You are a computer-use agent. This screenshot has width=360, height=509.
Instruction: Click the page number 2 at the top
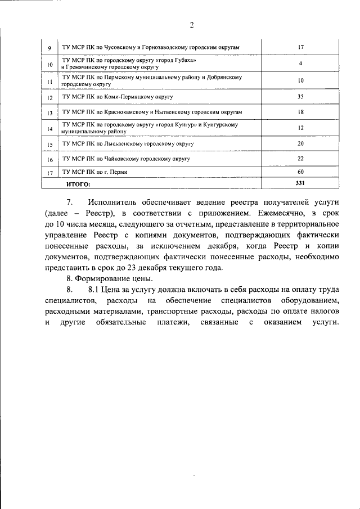coord(191,25)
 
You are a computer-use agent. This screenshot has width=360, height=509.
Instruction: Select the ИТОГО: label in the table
coord(78,184)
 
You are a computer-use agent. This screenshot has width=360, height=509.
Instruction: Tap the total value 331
coord(300,183)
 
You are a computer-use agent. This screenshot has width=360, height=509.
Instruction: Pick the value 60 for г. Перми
coord(300,172)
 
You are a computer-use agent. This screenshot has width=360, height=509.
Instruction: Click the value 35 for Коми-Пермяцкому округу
coord(300,97)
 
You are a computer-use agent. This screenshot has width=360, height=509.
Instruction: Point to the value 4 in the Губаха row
coord(300,64)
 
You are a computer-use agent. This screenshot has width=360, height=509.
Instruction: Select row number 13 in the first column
coord(50,113)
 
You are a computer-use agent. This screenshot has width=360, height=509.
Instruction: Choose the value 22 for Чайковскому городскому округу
coord(300,159)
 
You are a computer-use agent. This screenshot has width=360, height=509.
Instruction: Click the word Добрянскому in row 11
coord(225,76)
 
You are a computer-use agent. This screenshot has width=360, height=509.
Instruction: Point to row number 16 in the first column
coord(50,160)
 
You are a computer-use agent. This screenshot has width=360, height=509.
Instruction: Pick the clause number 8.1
coord(94,290)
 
